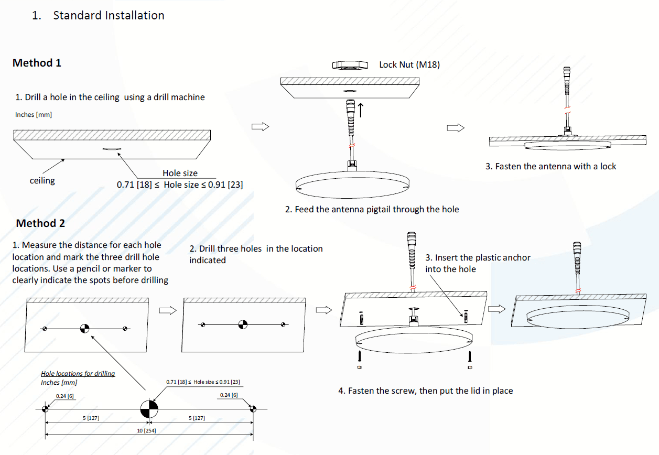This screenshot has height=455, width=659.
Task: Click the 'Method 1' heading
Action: [x=37, y=63]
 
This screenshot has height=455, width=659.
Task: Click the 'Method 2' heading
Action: [x=40, y=223]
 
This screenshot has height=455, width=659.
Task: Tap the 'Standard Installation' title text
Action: [x=109, y=15]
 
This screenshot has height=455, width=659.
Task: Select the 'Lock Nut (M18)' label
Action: [x=409, y=64]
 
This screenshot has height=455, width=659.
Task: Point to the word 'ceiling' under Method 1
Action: [x=42, y=180]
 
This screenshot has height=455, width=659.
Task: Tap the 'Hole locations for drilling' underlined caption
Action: [x=78, y=373]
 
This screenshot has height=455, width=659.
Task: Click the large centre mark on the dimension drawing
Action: [x=148, y=409]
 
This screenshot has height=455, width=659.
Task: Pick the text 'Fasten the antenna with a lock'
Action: [x=550, y=166]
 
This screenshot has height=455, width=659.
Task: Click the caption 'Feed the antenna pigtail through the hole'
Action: [x=372, y=209]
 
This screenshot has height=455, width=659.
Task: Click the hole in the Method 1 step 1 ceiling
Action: [x=111, y=149]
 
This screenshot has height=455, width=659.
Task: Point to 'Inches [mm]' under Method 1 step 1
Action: [x=34, y=114]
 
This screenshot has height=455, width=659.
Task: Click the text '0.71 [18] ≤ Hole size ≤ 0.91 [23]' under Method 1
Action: [x=179, y=185]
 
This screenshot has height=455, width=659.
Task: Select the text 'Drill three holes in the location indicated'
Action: [x=256, y=254]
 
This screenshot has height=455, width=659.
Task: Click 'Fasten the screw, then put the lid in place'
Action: [x=425, y=391]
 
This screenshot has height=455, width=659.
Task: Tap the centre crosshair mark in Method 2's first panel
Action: [x=84, y=329]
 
